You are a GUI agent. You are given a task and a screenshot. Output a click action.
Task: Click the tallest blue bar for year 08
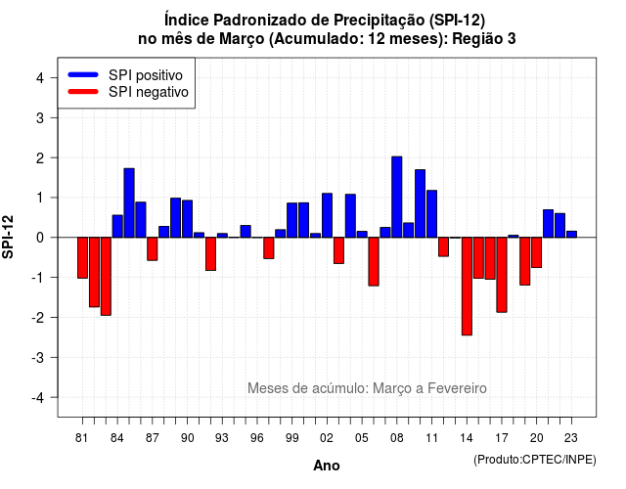(x=396, y=197)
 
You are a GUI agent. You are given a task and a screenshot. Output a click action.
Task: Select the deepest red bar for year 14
(x=467, y=287)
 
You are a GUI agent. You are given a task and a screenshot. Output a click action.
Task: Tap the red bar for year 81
(x=82, y=258)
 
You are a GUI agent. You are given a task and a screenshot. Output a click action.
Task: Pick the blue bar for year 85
(x=129, y=202)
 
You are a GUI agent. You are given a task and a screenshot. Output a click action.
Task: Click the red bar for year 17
(x=502, y=275)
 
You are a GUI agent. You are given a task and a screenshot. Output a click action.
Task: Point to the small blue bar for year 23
(x=571, y=235)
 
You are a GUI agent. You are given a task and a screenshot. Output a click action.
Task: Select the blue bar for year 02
(x=327, y=215)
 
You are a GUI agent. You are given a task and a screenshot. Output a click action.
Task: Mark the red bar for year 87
(x=153, y=249)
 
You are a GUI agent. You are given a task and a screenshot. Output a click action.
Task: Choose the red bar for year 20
(x=537, y=252)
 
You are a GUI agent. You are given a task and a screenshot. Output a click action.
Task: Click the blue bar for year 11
(x=431, y=214)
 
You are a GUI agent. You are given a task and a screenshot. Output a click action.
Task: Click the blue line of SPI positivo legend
(x=83, y=74)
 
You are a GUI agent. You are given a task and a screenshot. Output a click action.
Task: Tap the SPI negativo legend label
(x=148, y=92)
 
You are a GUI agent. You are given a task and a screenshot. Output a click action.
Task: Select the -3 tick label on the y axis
(x=38, y=358)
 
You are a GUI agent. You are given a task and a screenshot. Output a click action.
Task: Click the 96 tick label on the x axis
(x=257, y=438)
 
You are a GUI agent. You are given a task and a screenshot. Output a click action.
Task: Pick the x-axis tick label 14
(x=466, y=438)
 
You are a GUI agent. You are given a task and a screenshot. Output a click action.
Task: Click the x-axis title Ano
(x=327, y=466)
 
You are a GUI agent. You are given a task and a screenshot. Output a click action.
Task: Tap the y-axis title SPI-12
(x=8, y=237)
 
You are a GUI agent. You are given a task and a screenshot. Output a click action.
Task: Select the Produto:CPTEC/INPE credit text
(x=535, y=460)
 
